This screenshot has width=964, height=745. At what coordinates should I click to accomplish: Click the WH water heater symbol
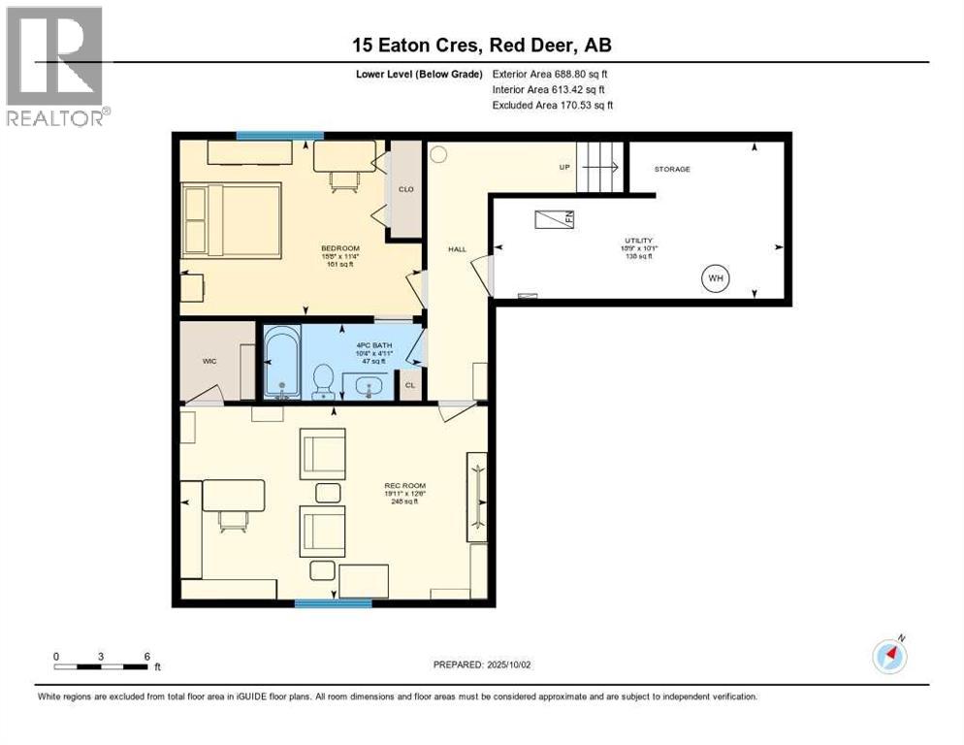(x=716, y=279)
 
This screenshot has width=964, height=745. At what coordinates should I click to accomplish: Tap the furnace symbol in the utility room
(x=554, y=218)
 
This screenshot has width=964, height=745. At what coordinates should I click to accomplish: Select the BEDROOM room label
(x=340, y=248)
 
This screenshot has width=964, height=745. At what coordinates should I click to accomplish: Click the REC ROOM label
(x=405, y=485)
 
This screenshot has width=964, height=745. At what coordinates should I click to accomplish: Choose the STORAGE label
(x=672, y=169)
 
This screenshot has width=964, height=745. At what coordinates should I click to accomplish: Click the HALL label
(x=457, y=249)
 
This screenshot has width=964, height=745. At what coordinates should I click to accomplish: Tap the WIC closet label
(x=209, y=361)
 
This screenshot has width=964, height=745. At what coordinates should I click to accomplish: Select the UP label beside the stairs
(x=564, y=167)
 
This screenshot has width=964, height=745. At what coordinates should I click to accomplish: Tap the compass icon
(x=889, y=656)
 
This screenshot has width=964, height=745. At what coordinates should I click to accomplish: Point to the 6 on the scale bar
(x=146, y=656)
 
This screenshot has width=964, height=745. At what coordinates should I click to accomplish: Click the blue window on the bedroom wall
(x=280, y=136)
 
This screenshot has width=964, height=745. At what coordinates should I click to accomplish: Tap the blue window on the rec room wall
(x=333, y=603)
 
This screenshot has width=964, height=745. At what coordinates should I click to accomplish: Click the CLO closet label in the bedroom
(x=405, y=189)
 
